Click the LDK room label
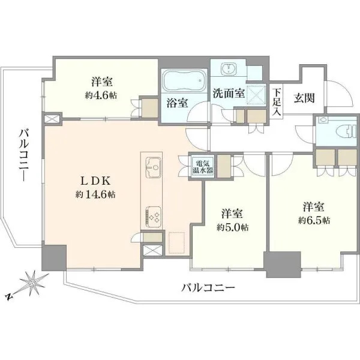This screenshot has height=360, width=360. point(95,181)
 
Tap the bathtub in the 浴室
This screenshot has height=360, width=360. point(184,80)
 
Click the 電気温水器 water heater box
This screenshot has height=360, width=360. point(203,167)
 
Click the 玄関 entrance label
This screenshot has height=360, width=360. point(304,98)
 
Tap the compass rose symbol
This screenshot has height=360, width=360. point(33,283)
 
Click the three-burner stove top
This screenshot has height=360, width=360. point(153,217)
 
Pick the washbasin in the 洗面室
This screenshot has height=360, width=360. point(228,68)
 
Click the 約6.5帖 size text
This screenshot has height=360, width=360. point(314,221)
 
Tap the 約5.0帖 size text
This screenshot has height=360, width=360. point(232,227)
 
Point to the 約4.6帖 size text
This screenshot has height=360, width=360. point(101,95)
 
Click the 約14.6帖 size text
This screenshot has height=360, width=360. point(95,194)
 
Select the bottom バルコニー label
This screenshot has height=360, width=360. point(208,287)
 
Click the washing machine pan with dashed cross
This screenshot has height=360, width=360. point(256,95)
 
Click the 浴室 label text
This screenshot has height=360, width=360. point(177,103)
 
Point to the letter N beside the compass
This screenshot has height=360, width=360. point(9,296)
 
